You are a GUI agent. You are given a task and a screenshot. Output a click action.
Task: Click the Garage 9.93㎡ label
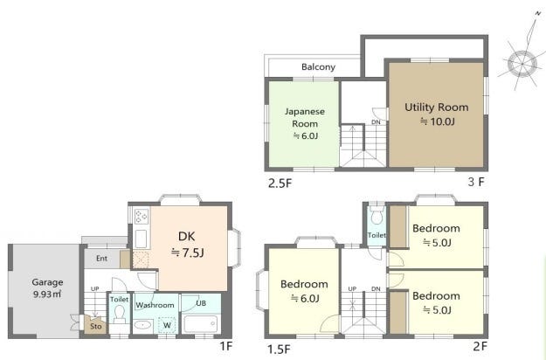47,288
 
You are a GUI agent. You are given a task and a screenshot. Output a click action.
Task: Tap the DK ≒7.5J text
187,245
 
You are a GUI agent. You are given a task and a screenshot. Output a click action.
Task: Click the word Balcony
318,66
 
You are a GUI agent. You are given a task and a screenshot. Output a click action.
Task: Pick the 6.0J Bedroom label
304,291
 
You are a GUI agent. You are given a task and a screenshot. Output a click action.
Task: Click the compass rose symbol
522,64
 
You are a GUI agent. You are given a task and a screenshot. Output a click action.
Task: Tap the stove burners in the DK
142,216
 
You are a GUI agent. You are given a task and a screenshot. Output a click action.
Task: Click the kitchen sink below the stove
141,239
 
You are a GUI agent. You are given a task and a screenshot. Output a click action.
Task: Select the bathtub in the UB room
201,323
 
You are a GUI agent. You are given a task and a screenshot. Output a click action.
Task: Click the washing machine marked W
167,325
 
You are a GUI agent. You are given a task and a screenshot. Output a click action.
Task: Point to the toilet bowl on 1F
119,313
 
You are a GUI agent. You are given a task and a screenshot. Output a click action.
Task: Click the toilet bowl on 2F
377,216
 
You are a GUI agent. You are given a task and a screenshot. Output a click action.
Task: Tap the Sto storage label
96,326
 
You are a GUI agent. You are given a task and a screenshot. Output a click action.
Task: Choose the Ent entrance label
101,259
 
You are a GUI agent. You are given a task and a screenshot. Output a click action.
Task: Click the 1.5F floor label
279,349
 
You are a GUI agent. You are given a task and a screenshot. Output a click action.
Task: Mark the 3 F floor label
476,182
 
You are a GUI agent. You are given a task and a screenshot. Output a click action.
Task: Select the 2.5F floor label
280,183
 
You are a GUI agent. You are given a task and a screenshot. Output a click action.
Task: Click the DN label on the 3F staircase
376,122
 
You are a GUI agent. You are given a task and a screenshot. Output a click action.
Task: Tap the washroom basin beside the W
142,325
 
